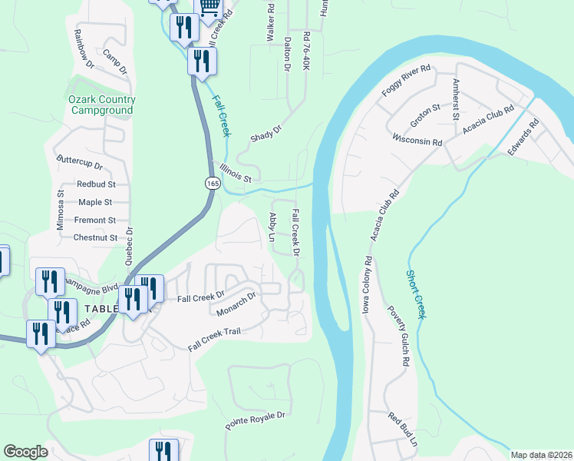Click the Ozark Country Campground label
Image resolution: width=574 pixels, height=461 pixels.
(102, 104)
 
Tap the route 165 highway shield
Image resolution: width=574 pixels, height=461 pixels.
(213, 183)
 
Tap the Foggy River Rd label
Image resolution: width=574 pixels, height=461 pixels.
(407, 81)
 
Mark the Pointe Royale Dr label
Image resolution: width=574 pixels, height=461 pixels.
(255, 420)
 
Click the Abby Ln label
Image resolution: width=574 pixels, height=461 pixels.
(272, 227)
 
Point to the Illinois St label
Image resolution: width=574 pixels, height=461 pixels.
(235, 173)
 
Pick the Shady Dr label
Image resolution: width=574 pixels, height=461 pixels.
(266, 134)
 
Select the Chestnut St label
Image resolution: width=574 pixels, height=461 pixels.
(94, 237)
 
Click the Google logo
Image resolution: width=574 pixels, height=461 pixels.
(25, 452)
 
